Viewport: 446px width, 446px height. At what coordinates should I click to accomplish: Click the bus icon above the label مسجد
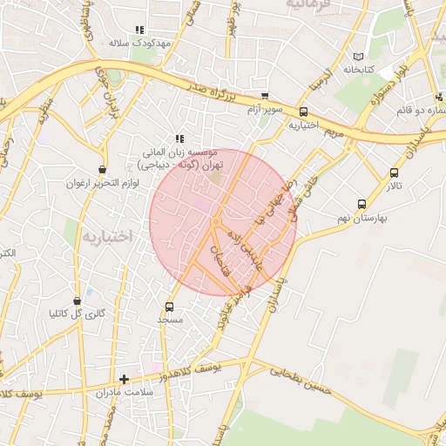coord(169,307)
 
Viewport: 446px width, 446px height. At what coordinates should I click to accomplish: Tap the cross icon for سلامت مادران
coord(125,379)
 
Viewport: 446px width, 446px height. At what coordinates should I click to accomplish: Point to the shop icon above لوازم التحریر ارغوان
coord(103,170)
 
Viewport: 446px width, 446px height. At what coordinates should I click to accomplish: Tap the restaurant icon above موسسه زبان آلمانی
coord(179,138)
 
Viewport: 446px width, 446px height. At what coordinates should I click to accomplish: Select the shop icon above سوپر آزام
coord(265,96)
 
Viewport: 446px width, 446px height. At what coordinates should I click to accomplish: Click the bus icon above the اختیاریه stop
coord(303,111)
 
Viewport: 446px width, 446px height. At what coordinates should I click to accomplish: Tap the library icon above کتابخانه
coord(360,56)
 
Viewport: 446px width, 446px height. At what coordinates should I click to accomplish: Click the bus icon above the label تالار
coord(395,172)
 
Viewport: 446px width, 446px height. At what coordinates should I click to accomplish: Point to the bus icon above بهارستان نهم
coord(362,203)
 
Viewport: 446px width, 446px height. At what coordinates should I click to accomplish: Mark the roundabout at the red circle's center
coord(215,222)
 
